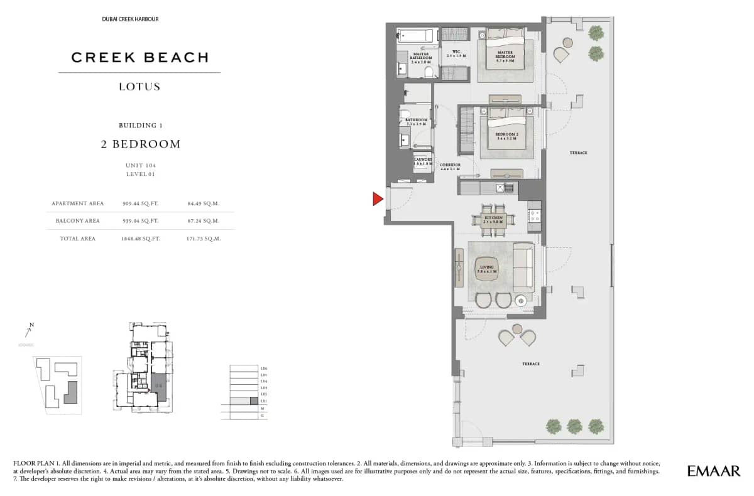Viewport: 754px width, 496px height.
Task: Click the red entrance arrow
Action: (x=378, y=199)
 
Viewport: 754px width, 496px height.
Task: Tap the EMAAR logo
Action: (x=714, y=470)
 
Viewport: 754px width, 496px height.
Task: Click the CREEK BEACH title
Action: (x=139, y=58)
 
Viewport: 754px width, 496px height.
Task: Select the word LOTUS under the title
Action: (x=139, y=87)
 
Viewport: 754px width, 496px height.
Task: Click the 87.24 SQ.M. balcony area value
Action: (x=203, y=221)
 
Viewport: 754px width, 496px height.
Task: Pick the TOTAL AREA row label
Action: (x=78, y=239)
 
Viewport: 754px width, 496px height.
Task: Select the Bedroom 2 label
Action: (x=506, y=136)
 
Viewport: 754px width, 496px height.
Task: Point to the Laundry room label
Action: (x=422, y=161)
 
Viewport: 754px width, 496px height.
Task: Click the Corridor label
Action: (x=450, y=167)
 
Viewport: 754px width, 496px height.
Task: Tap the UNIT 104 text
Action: (x=139, y=165)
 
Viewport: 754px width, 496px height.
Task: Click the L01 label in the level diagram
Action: (x=264, y=400)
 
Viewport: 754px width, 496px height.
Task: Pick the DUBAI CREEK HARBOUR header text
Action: (x=130, y=19)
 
